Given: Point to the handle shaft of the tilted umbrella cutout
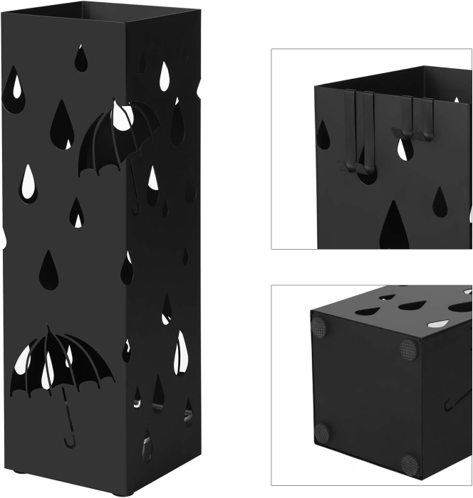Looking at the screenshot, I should (134, 189).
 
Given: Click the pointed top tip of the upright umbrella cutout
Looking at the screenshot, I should (51, 329).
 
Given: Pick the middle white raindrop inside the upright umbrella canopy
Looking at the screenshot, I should (46, 376).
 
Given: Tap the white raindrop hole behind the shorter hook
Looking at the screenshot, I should (404, 147).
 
